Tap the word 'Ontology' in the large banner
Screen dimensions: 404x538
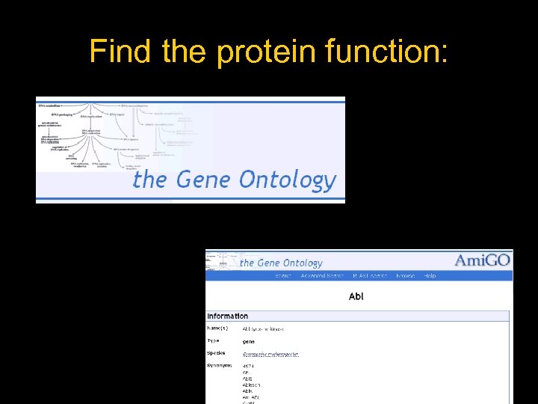tap(288, 180)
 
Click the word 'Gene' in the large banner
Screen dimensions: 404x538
tap(204, 180)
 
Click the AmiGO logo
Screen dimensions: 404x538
tap(483, 260)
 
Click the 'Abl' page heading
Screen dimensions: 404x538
tap(356, 297)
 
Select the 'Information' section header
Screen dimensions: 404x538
tap(227, 316)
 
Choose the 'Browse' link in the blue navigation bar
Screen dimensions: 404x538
tap(406, 276)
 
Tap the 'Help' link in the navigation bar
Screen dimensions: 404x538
tap(430, 276)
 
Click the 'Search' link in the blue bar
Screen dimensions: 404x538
tap(283, 276)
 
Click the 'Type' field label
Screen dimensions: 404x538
tap(214, 341)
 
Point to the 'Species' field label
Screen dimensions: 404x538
tap(217, 353)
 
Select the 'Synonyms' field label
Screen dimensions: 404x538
tap(220, 366)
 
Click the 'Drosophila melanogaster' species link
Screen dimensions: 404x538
tap(270, 354)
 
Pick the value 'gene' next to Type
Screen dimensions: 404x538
tap(248, 341)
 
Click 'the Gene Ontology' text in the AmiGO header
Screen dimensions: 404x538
tap(281, 263)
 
